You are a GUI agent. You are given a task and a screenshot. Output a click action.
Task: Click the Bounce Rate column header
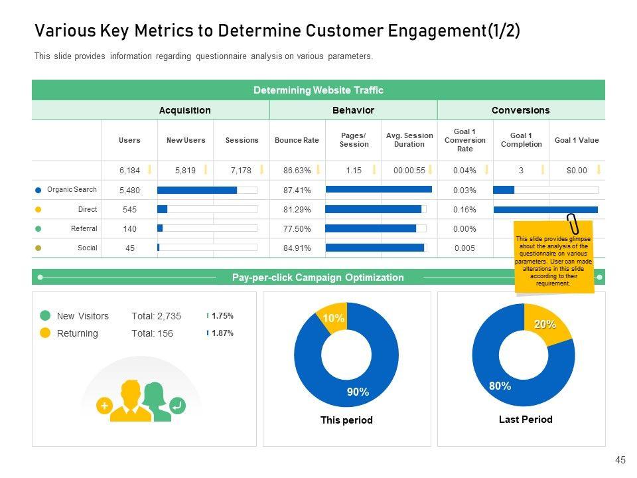tap(297, 140)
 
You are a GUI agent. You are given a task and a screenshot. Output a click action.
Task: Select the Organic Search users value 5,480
tap(129, 191)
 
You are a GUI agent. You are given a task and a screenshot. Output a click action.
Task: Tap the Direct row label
tap(87, 209)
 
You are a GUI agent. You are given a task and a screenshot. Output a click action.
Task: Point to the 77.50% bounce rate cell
tap(297, 229)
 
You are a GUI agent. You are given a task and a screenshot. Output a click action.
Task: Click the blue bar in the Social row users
tap(159, 248)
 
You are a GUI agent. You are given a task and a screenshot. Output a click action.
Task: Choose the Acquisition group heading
tap(184, 110)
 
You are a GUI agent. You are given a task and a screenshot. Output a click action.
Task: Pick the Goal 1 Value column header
tap(576, 140)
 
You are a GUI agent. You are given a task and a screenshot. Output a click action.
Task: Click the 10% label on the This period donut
tap(333, 319)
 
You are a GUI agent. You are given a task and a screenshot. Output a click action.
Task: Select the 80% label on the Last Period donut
tap(500, 386)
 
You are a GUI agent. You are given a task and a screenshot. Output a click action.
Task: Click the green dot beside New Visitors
tap(45, 316)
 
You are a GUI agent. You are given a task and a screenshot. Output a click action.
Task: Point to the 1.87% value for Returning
tap(222, 333)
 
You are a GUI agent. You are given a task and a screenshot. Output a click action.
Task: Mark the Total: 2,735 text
tap(156, 317)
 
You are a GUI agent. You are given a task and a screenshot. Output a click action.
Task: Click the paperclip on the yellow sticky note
tap(572, 225)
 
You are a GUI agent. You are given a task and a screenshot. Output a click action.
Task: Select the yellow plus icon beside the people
tap(104, 406)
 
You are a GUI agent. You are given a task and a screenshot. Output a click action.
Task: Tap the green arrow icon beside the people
tap(177, 406)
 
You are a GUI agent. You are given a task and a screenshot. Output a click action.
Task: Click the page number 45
tap(620, 460)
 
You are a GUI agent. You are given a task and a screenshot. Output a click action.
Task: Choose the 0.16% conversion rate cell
tap(464, 210)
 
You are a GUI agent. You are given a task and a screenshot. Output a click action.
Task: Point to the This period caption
tap(346, 420)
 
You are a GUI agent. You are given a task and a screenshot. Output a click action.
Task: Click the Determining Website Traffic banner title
tap(318, 90)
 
